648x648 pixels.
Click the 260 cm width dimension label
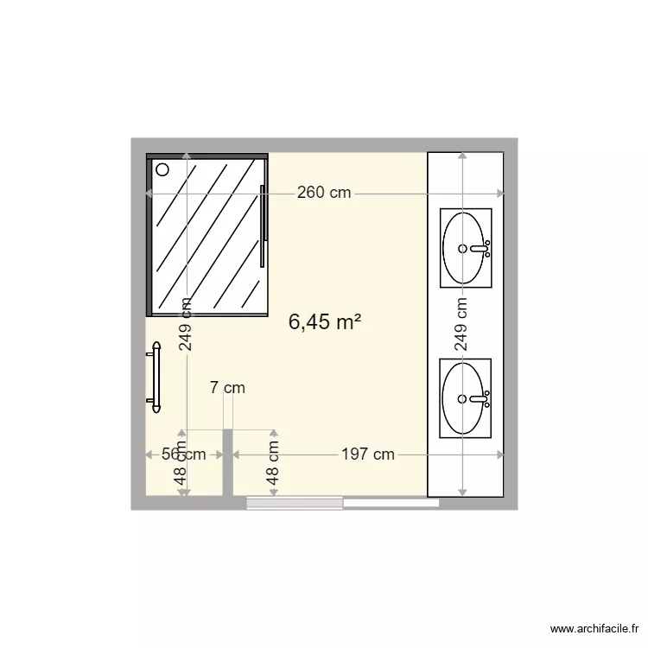coord(324,193)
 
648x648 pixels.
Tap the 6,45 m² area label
coord(324,322)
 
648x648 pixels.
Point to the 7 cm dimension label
coord(227,388)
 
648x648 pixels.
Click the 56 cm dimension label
coord(183,454)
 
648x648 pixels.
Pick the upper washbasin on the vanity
coord(466,247)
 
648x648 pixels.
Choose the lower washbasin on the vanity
coord(466,398)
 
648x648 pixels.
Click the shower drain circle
coord(162,170)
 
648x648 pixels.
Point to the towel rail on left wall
coord(156,374)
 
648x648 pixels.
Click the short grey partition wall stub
coord(228,462)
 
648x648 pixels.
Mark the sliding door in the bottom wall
coord(342,502)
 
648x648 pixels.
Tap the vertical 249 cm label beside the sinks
coord(461,324)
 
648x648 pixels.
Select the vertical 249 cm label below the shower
coord(185,324)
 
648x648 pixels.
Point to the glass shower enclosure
coord(207,235)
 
